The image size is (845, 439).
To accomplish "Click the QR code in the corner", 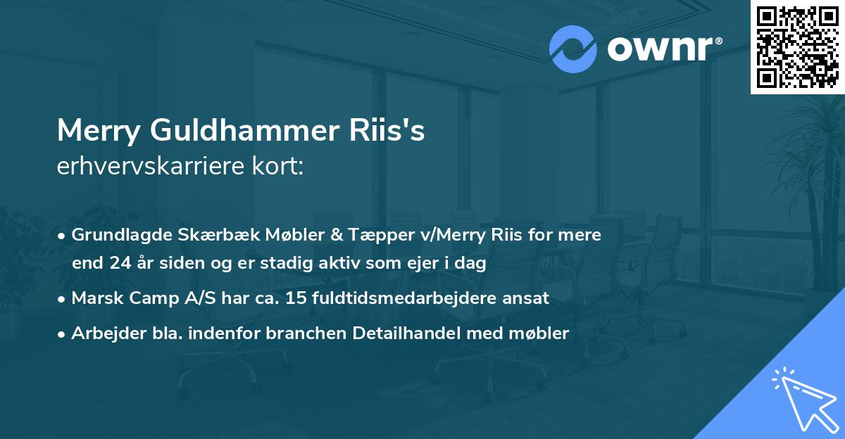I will coord(797,46).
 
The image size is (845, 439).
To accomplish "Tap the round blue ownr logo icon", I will coord(574,49).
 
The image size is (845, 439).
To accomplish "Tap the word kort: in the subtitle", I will coord(277,167).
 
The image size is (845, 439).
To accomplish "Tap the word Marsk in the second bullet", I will coord(95,298).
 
